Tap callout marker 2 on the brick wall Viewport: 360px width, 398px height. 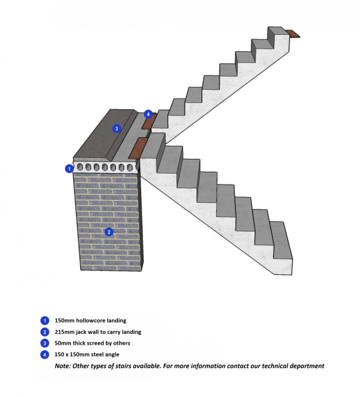point(109,232)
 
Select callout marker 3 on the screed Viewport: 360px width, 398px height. point(117,129)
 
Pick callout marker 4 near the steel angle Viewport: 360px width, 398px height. point(148,114)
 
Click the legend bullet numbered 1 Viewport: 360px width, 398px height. point(45,321)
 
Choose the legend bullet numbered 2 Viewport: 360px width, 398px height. point(45,332)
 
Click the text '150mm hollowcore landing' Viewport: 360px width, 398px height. point(90,321)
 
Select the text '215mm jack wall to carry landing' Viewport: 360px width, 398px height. point(98,332)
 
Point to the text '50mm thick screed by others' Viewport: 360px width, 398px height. point(93,343)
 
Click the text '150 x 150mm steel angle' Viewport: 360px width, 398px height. point(87,355)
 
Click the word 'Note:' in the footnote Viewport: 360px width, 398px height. point(62,366)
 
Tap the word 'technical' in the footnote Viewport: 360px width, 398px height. point(275,366)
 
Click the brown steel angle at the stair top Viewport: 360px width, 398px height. point(293,34)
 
